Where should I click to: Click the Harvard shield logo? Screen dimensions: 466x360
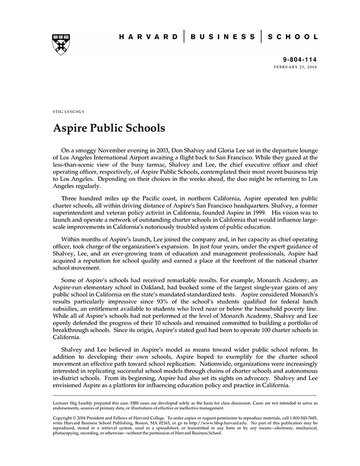(x=61, y=44)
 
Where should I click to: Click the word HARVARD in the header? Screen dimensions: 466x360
(x=149, y=37)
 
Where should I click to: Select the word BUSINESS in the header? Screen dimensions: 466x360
(x=223, y=37)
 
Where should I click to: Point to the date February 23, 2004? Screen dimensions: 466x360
(x=296, y=67)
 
